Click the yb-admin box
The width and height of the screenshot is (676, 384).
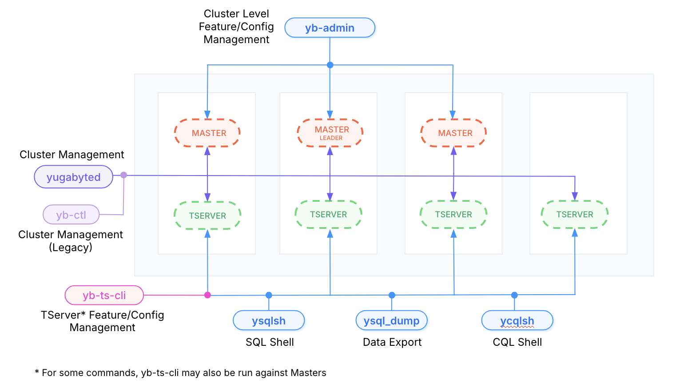tap(330, 28)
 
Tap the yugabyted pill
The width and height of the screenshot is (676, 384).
tap(74, 177)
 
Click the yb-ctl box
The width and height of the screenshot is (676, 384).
tap(71, 215)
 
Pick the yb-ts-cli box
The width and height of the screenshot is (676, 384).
tap(104, 295)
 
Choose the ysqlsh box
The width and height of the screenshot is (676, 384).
tap(269, 320)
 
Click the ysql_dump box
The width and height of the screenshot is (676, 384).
tap(391, 320)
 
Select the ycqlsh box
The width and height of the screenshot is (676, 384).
tap(517, 320)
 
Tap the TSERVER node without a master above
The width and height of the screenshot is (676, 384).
tap(575, 215)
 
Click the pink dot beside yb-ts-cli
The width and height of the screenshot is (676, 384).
tap(207, 295)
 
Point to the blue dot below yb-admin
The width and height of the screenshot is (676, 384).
tap(330, 65)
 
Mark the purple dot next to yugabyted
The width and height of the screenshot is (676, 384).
tap(124, 175)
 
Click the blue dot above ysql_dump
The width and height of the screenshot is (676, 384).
tap(392, 295)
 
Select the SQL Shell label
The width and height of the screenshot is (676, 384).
tap(270, 342)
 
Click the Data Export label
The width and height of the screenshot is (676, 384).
tap(392, 342)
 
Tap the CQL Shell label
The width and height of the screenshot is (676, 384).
tap(517, 342)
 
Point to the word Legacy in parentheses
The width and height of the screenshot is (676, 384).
tap(71, 248)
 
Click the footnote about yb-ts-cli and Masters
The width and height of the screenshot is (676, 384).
tap(180, 373)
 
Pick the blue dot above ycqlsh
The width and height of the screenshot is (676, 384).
tap(514, 295)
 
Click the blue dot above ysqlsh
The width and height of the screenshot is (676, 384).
tap(269, 295)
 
